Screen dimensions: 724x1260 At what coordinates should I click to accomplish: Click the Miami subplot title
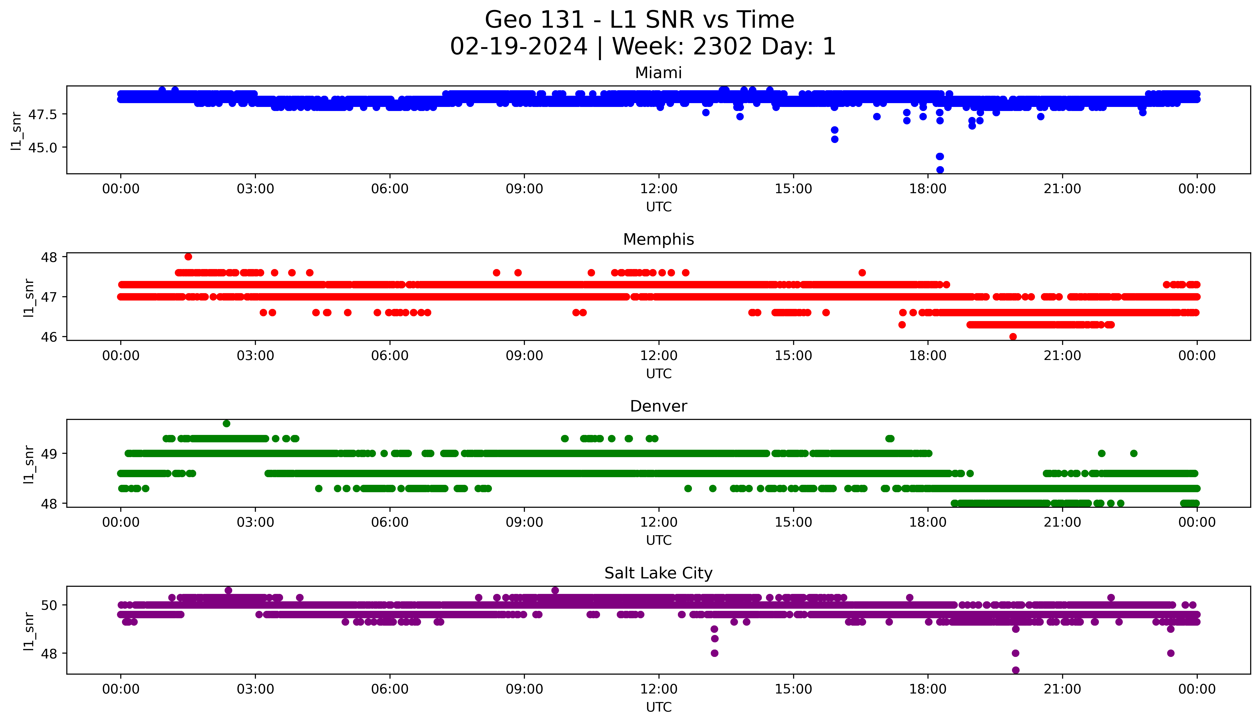pyautogui.click(x=658, y=73)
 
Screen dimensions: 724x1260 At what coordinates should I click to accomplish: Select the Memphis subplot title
pyautogui.click(x=658, y=240)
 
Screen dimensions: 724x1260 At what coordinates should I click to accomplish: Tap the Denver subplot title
pyautogui.click(x=658, y=406)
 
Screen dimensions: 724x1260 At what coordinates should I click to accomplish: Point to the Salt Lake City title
pyautogui.click(x=658, y=573)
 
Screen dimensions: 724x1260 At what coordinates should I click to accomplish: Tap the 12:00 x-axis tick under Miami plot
pyautogui.click(x=659, y=189)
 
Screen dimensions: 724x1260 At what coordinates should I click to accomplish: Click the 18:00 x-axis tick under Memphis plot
pyautogui.click(x=928, y=355)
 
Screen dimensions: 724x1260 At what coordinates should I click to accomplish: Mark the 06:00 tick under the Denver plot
pyautogui.click(x=390, y=522)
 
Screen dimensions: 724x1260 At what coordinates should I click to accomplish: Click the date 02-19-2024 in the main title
pyautogui.click(x=518, y=47)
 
